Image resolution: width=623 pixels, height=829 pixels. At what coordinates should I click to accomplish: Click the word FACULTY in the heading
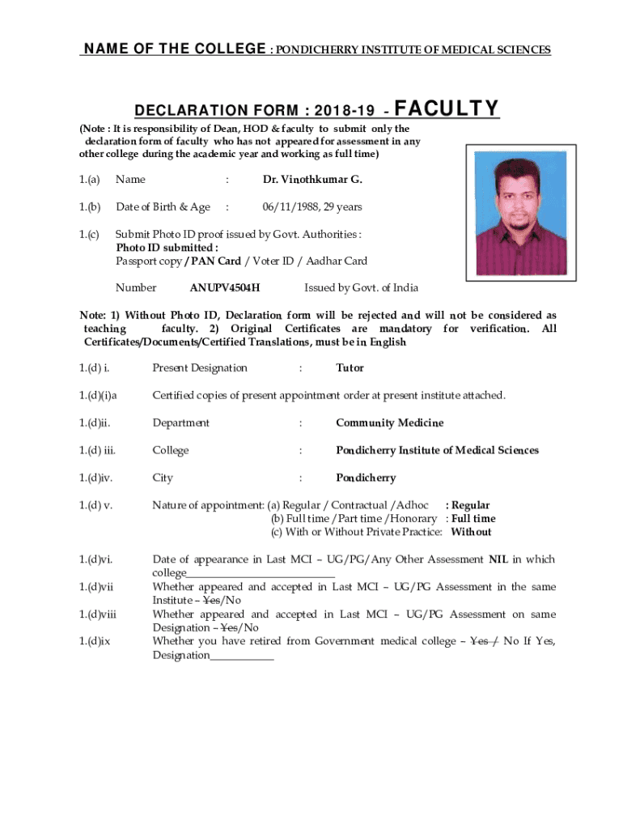coord(447,108)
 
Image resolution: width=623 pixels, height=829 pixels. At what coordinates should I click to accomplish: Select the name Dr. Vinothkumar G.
coord(311,180)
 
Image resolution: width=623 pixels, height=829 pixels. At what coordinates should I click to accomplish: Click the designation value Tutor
coord(350,368)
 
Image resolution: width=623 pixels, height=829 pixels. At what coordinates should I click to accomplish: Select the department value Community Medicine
coord(389,423)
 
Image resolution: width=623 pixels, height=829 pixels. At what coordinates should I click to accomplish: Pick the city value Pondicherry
coord(366,478)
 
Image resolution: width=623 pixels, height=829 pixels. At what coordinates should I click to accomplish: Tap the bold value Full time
coord(473,519)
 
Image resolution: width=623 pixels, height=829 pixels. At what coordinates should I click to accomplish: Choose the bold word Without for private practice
coord(471,533)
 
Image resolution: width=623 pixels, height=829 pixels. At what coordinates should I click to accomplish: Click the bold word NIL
coord(498,559)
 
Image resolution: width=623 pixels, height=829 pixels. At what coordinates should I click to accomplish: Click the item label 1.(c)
coord(89,235)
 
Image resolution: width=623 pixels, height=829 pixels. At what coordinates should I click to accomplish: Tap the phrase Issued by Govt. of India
coord(361,288)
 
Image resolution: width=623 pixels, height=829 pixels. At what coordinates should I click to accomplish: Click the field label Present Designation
coord(200,368)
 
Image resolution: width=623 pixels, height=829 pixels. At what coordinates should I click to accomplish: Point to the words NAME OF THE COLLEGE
coord(174,49)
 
